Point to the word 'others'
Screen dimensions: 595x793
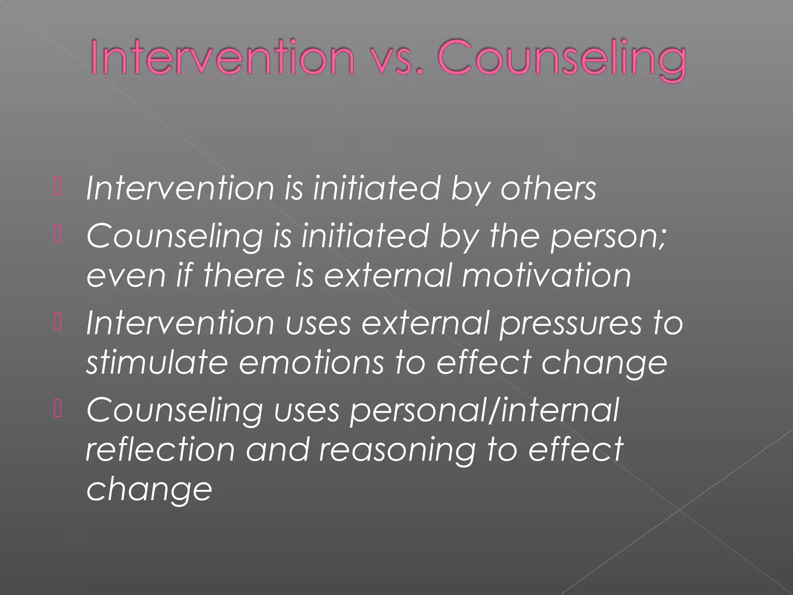coord(548,189)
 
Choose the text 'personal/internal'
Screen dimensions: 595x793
coord(484,411)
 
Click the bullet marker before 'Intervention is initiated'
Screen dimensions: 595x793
coord(58,188)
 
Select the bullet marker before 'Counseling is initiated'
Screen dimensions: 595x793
coord(58,236)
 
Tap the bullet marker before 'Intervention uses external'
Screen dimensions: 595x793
coord(58,323)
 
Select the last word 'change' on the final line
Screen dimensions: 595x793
coord(149,490)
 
